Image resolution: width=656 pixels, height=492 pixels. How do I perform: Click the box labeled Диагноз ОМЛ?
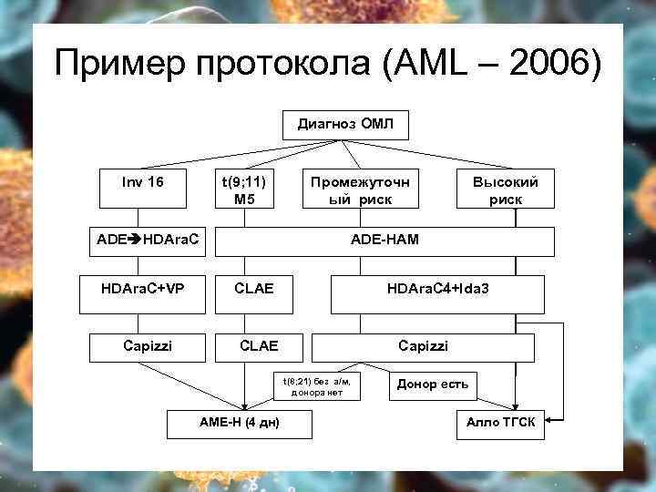(x=346, y=124)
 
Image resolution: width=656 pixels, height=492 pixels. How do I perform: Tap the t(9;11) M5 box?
(x=244, y=189)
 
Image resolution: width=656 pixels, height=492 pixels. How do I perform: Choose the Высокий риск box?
(x=505, y=189)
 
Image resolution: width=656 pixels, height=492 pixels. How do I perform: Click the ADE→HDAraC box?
(x=149, y=241)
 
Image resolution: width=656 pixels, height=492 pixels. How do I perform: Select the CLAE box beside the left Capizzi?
(x=258, y=346)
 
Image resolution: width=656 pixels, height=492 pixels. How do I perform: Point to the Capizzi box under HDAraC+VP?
(x=148, y=346)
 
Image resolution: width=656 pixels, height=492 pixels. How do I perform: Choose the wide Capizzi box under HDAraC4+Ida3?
(x=423, y=346)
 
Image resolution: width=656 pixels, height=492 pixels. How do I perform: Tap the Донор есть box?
(x=433, y=384)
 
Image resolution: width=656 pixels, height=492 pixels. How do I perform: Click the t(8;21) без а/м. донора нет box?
(x=316, y=386)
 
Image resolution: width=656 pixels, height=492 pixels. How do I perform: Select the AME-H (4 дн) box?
(x=240, y=423)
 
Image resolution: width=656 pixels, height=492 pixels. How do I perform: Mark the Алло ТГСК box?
(x=500, y=423)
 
